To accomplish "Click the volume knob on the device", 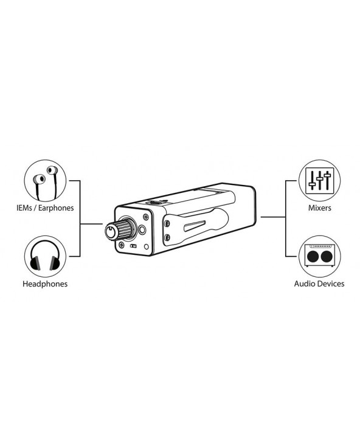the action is (119, 229).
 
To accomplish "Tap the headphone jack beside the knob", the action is (142, 230).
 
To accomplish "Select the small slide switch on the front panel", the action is (133, 246).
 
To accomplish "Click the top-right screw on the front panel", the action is (146, 217).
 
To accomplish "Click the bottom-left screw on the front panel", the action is (122, 244).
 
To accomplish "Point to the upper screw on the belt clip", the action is (167, 224).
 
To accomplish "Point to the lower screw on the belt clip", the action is (167, 237).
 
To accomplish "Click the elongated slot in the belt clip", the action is (195, 226).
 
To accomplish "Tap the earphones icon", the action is (45, 181).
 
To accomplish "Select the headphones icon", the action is (45, 256).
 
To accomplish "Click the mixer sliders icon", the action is (320, 181).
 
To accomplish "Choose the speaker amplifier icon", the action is (320, 256).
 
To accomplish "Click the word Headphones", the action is (45, 284).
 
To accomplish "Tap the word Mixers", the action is (320, 208).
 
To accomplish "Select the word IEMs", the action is (24, 208).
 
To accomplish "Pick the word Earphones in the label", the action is (56, 208).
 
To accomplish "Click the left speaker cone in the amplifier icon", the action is (313, 257).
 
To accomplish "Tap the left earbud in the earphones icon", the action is (39, 179).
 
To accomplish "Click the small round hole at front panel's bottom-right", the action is (146, 246).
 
